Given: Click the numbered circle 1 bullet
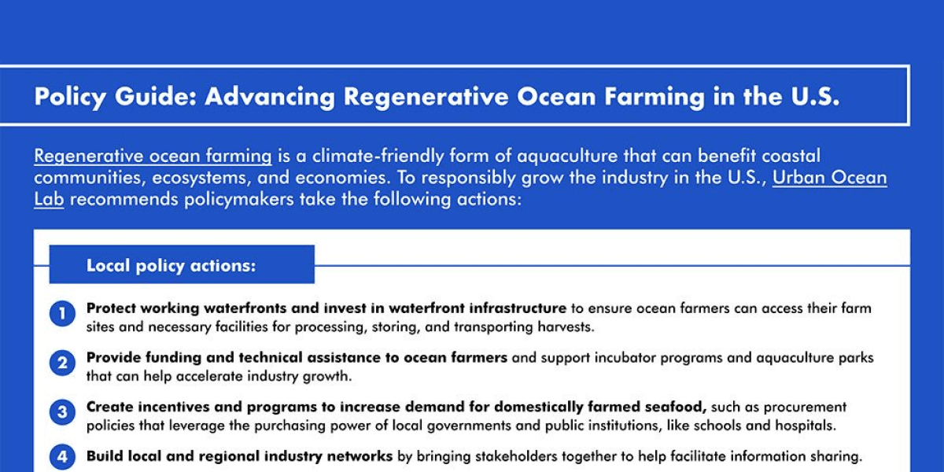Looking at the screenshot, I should tap(62, 315).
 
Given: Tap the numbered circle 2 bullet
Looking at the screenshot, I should tap(62, 363).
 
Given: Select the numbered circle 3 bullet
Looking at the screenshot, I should tap(62, 412).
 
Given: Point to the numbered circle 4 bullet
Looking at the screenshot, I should tap(62, 456).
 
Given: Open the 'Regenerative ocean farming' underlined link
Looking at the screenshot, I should tap(153, 156).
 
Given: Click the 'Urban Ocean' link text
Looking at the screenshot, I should tap(829, 177).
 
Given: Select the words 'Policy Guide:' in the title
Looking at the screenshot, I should tap(114, 96).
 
